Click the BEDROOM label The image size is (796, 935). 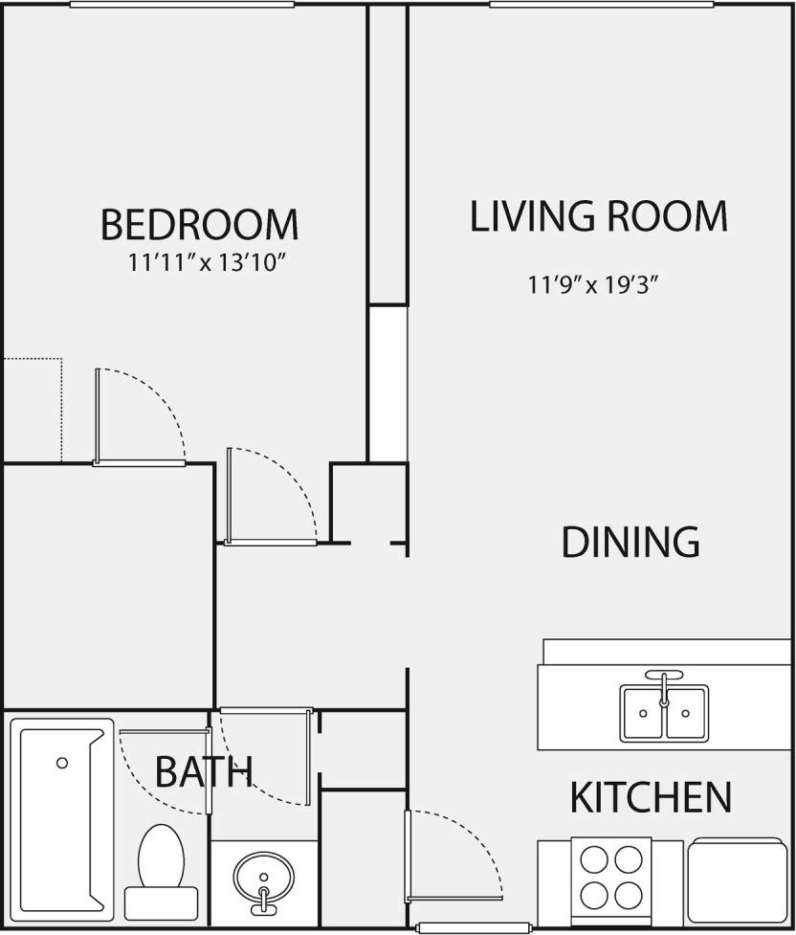tap(199, 224)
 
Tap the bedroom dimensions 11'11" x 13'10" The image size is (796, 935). tap(207, 263)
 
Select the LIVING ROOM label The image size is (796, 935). tap(599, 216)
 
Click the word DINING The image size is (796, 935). tap(630, 542)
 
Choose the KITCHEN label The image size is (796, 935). tap(651, 796)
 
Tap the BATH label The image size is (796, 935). tap(204, 770)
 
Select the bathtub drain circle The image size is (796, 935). tap(62, 763)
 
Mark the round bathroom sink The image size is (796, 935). tap(263, 879)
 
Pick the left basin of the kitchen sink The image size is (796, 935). tap(642, 713)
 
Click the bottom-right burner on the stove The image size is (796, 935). tap(629, 896)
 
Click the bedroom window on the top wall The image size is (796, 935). tap(182, 5)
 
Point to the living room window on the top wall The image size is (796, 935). tap(601, 5)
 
